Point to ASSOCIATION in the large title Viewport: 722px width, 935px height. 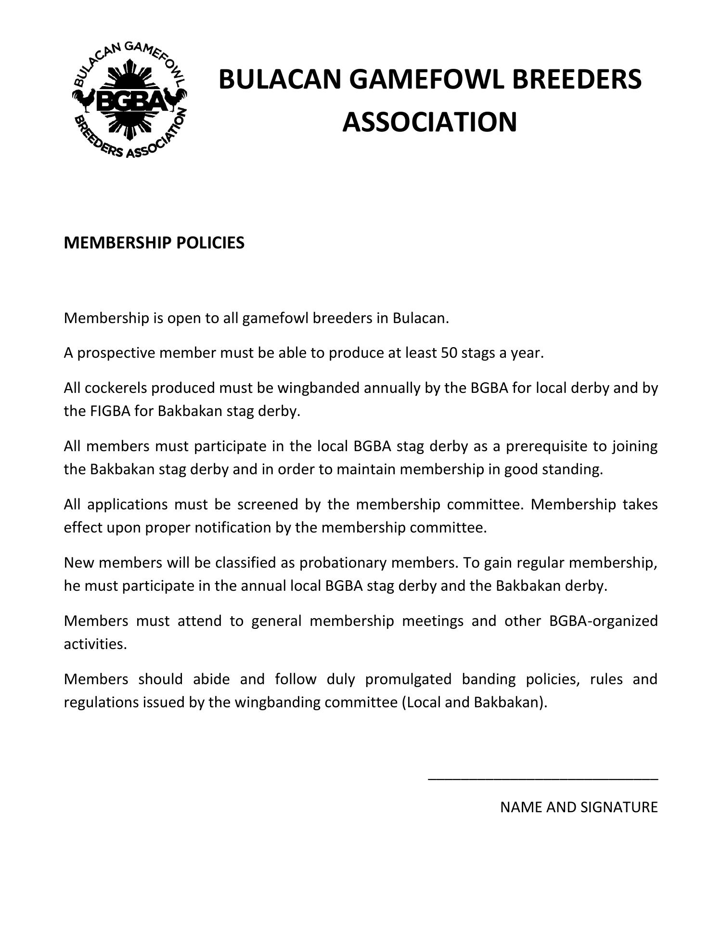pyautogui.click(x=429, y=122)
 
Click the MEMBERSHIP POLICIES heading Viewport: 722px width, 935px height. pyautogui.click(x=154, y=243)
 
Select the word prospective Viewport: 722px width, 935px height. pyautogui.click(x=116, y=353)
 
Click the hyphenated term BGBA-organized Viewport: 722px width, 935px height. pyautogui.click(x=603, y=621)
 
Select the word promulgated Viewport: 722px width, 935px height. pyautogui.click(x=408, y=679)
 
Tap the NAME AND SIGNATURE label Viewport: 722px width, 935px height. pyautogui.click(x=579, y=807)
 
